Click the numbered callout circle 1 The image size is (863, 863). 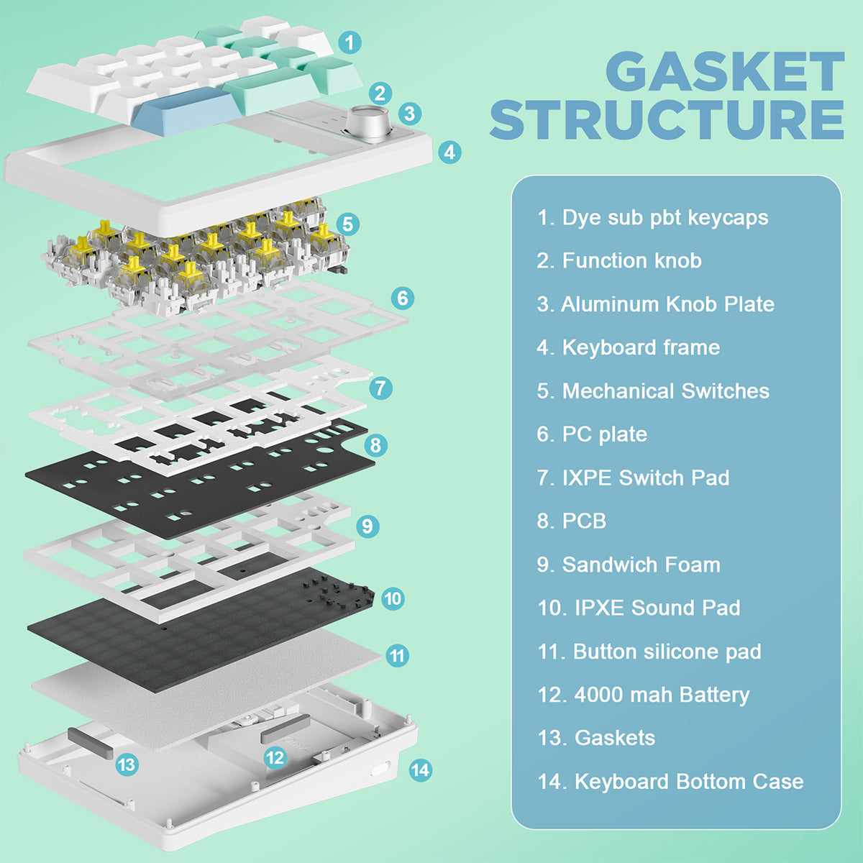pos(350,42)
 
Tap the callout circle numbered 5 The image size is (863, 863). pos(347,224)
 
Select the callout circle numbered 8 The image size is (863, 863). pos(375,445)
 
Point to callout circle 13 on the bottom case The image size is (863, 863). pos(127,764)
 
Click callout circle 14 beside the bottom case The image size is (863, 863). pos(420,770)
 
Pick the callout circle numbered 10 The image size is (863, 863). pos(392,598)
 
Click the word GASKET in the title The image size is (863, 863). pos(724,72)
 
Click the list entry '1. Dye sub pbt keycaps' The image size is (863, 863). pos(652,217)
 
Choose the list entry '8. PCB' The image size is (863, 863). pos(572,521)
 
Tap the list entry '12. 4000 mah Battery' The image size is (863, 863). pos(644,695)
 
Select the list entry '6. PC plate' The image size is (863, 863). pos(592,434)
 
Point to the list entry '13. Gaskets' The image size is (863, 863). pos(596,738)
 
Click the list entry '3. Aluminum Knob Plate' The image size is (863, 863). pos(655,304)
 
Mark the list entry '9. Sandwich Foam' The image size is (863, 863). pos(629,565)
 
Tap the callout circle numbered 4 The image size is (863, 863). pos(449,152)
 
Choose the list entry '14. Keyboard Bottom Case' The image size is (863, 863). pos(670,782)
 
